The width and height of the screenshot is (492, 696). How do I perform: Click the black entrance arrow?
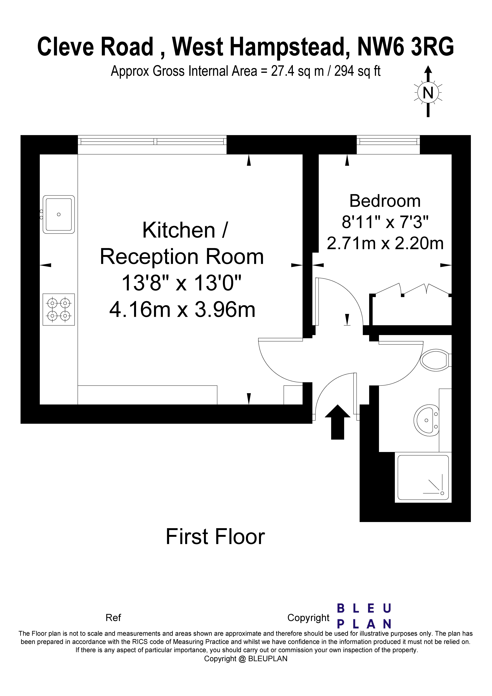click(338, 422)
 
